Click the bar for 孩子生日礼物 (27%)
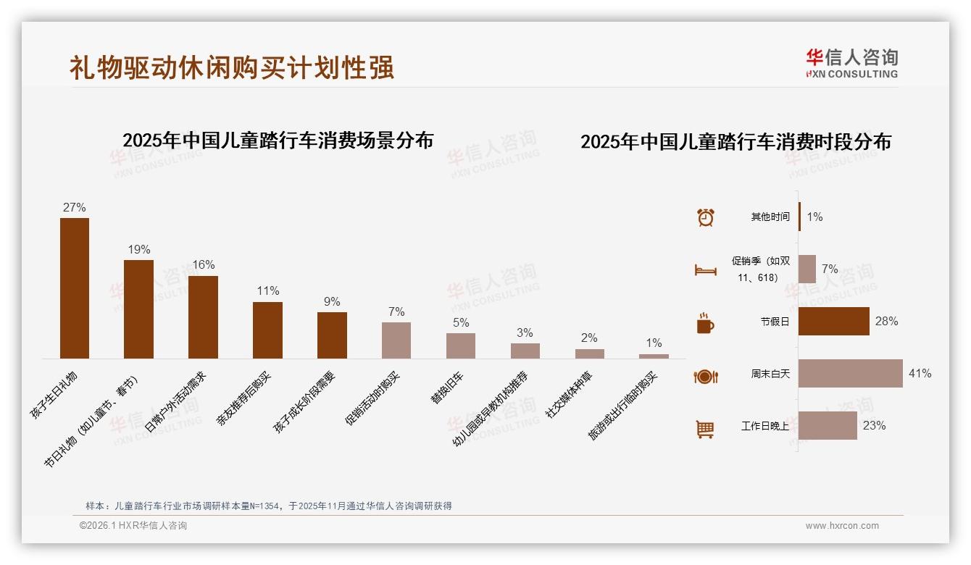pyautogui.click(x=74, y=288)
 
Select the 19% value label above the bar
pyautogui.click(x=138, y=249)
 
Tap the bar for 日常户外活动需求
pyautogui.click(x=203, y=317)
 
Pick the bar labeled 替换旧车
pyautogui.click(x=460, y=346)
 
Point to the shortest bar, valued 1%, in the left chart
pyautogui.click(x=654, y=356)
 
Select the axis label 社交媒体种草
pyautogui.click(x=569, y=395)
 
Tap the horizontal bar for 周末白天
pyautogui.click(x=850, y=374)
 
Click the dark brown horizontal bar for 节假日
pyautogui.click(x=833, y=321)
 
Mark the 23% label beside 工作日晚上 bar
pyautogui.click(x=874, y=426)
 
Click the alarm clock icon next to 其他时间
pyautogui.click(x=705, y=217)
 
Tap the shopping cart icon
pyautogui.click(x=705, y=429)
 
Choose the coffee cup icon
pyautogui.click(x=705, y=323)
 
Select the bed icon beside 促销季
pyautogui.click(x=705, y=270)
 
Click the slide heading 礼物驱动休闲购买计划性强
pyautogui.click(x=232, y=67)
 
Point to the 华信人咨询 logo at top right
pyautogui.click(x=851, y=63)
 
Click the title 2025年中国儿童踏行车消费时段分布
pyautogui.click(x=735, y=141)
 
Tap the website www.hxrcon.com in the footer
pyautogui.click(x=841, y=526)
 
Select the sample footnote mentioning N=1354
pyautogui.click(x=268, y=506)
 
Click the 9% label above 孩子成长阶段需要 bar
pyautogui.click(x=332, y=301)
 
